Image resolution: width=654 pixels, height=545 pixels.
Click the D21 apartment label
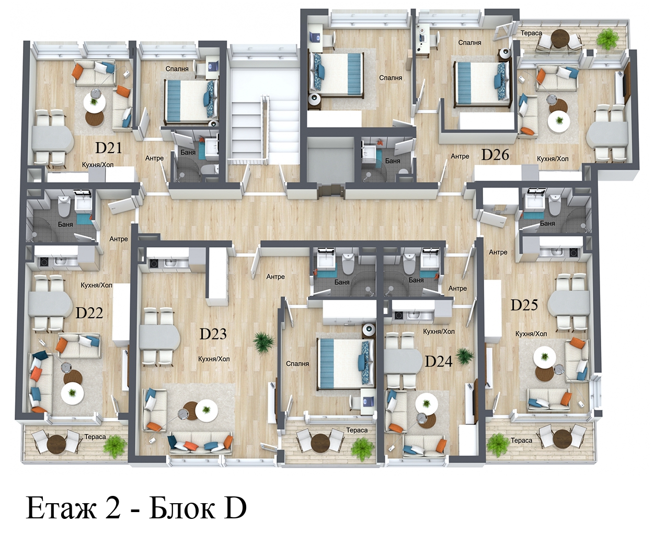pos(108,148)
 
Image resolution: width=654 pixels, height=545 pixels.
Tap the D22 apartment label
pos(89,312)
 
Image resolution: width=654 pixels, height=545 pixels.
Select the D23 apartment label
pos(213,334)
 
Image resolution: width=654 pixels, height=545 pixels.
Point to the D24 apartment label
pos(439,362)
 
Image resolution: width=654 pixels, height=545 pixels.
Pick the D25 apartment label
pos(524,305)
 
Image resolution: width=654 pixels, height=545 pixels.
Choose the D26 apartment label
pos(495,155)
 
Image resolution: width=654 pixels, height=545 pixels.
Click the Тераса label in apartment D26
pos(531,33)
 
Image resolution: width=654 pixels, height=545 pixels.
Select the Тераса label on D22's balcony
pos(95,437)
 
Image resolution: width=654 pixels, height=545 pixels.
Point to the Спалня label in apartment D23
pos(297,364)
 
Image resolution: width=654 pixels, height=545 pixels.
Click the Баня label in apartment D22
pos(65,225)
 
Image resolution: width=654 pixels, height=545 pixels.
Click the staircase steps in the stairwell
pos(247,129)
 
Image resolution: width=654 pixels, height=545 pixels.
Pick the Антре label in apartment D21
pos(154,158)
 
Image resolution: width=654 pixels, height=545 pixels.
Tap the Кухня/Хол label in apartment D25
pos(531,334)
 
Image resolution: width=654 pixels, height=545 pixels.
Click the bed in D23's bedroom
pos(346,364)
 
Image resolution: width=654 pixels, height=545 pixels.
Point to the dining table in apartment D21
pos(52,138)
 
